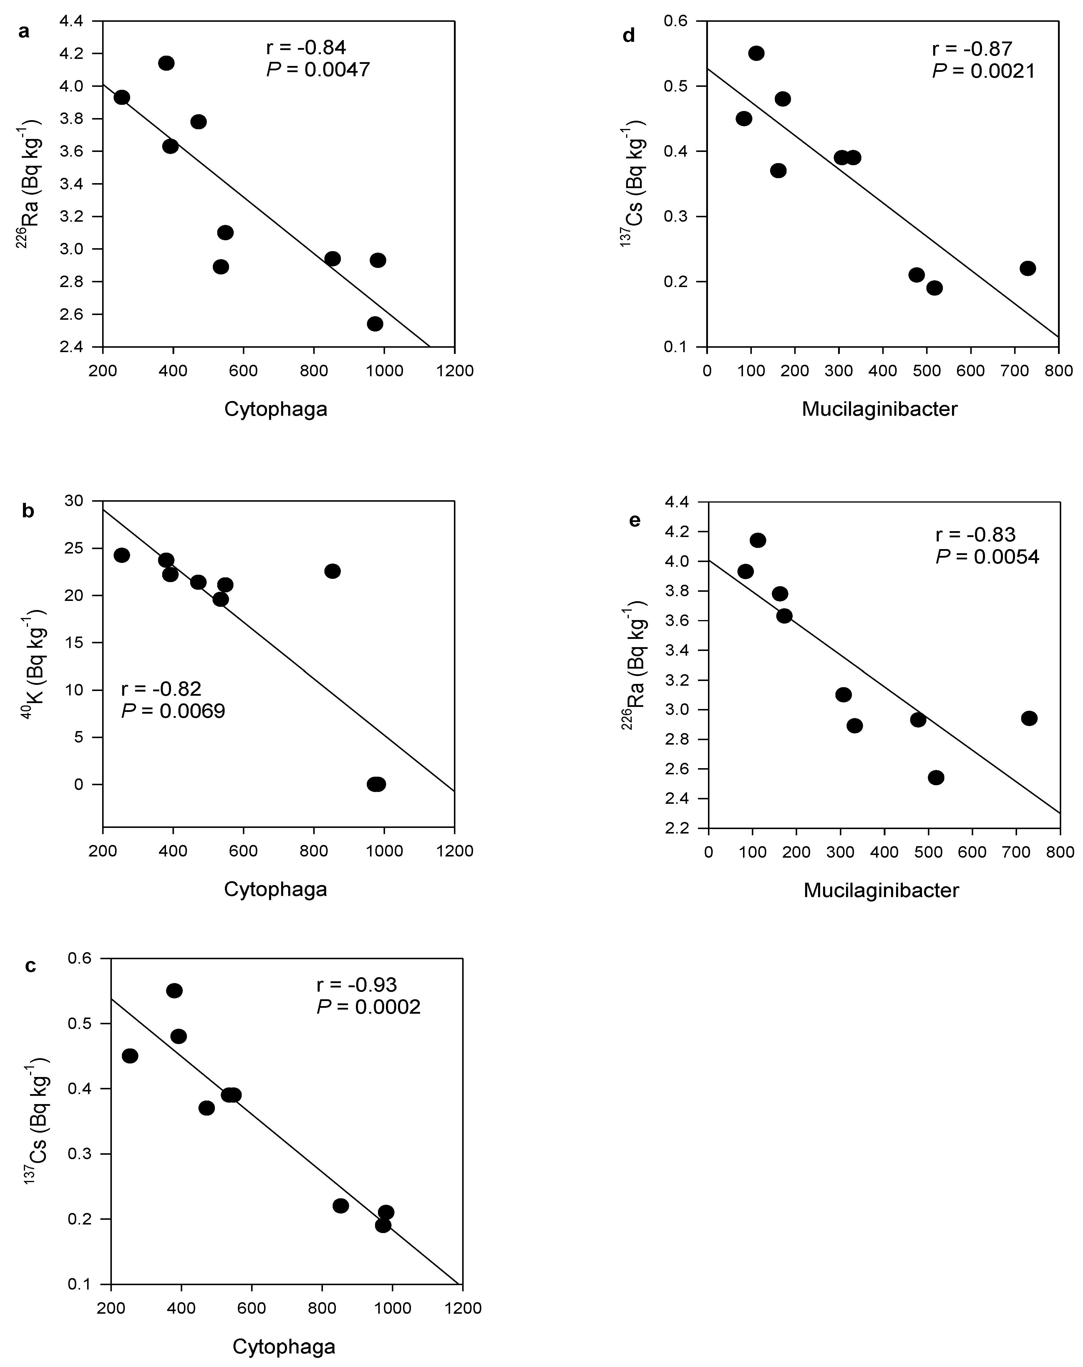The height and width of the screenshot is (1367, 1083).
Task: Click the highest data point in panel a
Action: point(167,63)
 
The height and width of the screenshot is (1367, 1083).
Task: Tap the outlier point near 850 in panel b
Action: point(332,571)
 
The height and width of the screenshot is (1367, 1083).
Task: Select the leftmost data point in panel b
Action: point(122,555)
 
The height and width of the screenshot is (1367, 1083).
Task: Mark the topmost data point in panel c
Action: point(174,990)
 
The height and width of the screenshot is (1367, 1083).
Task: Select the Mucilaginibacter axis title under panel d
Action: point(880,409)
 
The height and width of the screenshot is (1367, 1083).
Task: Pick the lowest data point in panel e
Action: point(936,777)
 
